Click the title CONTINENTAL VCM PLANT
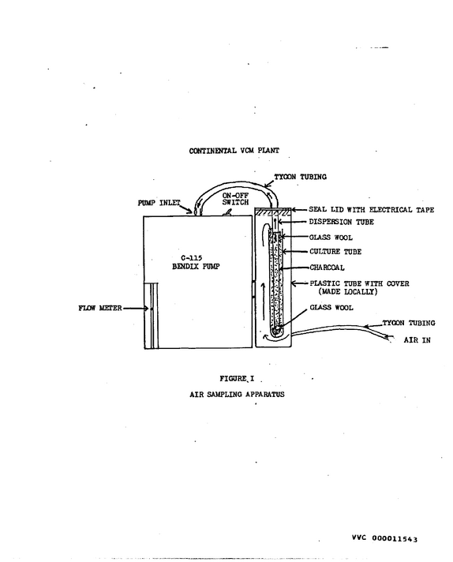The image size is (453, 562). (x=234, y=151)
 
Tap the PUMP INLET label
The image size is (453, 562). (x=159, y=203)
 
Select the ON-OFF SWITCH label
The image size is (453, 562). (x=235, y=199)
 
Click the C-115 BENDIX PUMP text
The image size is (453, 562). (x=196, y=262)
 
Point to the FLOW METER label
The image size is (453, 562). (x=100, y=308)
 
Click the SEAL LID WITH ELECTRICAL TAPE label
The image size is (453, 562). (x=371, y=210)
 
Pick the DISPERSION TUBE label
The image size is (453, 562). (x=342, y=223)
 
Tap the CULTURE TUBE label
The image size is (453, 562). (x=335, y=252)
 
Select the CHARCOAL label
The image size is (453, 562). (x=328, y=268)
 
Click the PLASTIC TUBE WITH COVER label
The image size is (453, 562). (x=359, y=283)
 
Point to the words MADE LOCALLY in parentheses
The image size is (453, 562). (x=348, y=292)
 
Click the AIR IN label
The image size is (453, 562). (x=417, y=339)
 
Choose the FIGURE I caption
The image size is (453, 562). (x=237, y=379)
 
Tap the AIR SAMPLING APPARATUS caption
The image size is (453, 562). (x=237, y=394)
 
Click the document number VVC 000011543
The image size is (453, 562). (x=384, y=538)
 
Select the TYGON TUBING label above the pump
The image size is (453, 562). (x=301, y=177)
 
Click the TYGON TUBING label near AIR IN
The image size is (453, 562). (x=409, y=323)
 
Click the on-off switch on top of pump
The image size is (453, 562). (x=226, y=213)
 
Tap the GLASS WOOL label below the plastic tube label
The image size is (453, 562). (x=331, y=308)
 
